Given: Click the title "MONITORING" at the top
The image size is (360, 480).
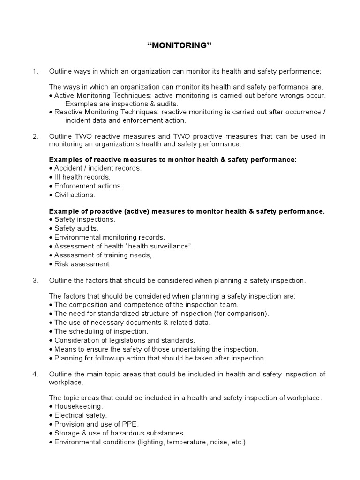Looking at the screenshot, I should pyautogui.click(x=180, y=45).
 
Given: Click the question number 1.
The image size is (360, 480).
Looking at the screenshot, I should pyautogui.click(x=35, y=71).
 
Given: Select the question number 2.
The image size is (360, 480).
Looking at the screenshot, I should pyautogui.click(x=35, y=136).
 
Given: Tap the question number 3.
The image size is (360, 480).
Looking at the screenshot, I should pyautogui.click(x=35, y=281).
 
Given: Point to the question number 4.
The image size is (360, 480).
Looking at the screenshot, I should pyautogui.click(x=35, y=374).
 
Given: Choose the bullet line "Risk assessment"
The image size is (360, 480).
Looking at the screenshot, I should pyautogui.click(x=79, y=264).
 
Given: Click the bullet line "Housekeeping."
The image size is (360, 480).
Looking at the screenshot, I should pyautogui.click(x=76, y=406).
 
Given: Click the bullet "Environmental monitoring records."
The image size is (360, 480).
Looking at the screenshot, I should pyautogui.click(x=107, y=237).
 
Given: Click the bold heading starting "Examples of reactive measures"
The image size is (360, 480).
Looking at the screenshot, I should pyautogui.click(x=173, y=160).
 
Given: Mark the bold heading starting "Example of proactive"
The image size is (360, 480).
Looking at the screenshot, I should pyautogui.click(x=187, y=211).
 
